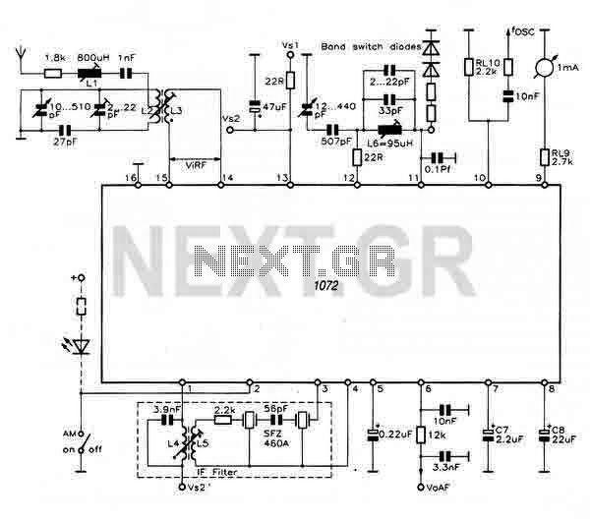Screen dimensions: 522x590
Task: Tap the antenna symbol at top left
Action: pos(23,55)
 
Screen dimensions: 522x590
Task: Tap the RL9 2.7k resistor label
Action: pos(560,156)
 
